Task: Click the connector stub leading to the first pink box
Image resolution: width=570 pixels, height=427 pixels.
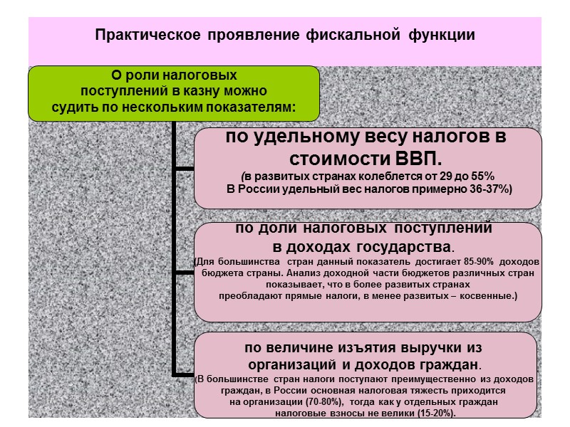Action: click(x=184, y=169)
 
